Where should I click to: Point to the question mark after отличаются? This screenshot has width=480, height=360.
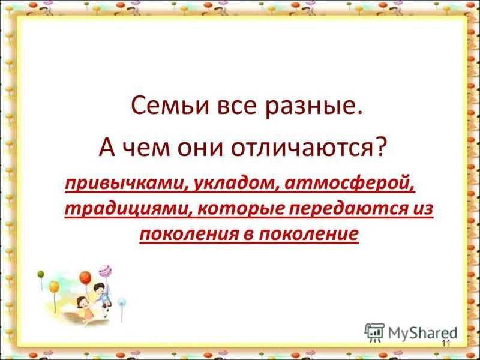coord(377,146)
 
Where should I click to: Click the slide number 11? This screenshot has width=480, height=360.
coord(446,343)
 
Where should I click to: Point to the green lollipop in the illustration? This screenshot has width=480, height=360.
coord(41,274)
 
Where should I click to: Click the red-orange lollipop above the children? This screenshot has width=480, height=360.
coord(85,277)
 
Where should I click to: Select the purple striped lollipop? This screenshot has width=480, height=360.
coord(105,271)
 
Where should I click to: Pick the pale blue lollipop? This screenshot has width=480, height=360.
coord(122,302)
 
